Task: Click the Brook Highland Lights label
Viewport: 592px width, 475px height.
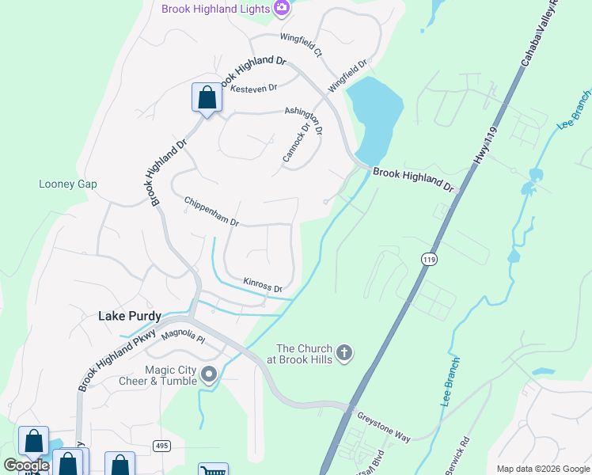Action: pyautogui.click(x=214, y=9)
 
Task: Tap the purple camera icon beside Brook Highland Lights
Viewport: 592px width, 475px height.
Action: pyautogui.click(x=281, y=8)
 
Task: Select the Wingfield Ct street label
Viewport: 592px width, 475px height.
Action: pyautogui.click(x=302, y=44)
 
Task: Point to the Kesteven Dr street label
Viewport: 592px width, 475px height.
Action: pyautogui.click(x=254, y=89)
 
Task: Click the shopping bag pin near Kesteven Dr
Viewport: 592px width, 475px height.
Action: pyautogui.click(x=207, y=98)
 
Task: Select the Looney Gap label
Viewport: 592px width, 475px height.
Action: pyautogui.click(x=68, y=184)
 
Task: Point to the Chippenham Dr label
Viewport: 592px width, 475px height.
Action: pyautogui.click(x=211, y=212)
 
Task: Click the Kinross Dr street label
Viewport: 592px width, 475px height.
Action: pyautogui.click(x=263, y=284)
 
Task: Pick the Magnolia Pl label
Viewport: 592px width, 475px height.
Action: pyautogui.click(x=183, y=339)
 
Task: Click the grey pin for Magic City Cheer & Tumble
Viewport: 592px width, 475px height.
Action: pyautogui.click(x=209, y=374)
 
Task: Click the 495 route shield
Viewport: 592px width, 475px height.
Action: pyautogui.click(x=161, y=446)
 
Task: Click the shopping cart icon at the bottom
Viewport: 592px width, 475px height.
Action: pyautogui.click(x=213, y=470)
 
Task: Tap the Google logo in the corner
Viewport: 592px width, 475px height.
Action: pyautogui.click(x=27, y=465)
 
